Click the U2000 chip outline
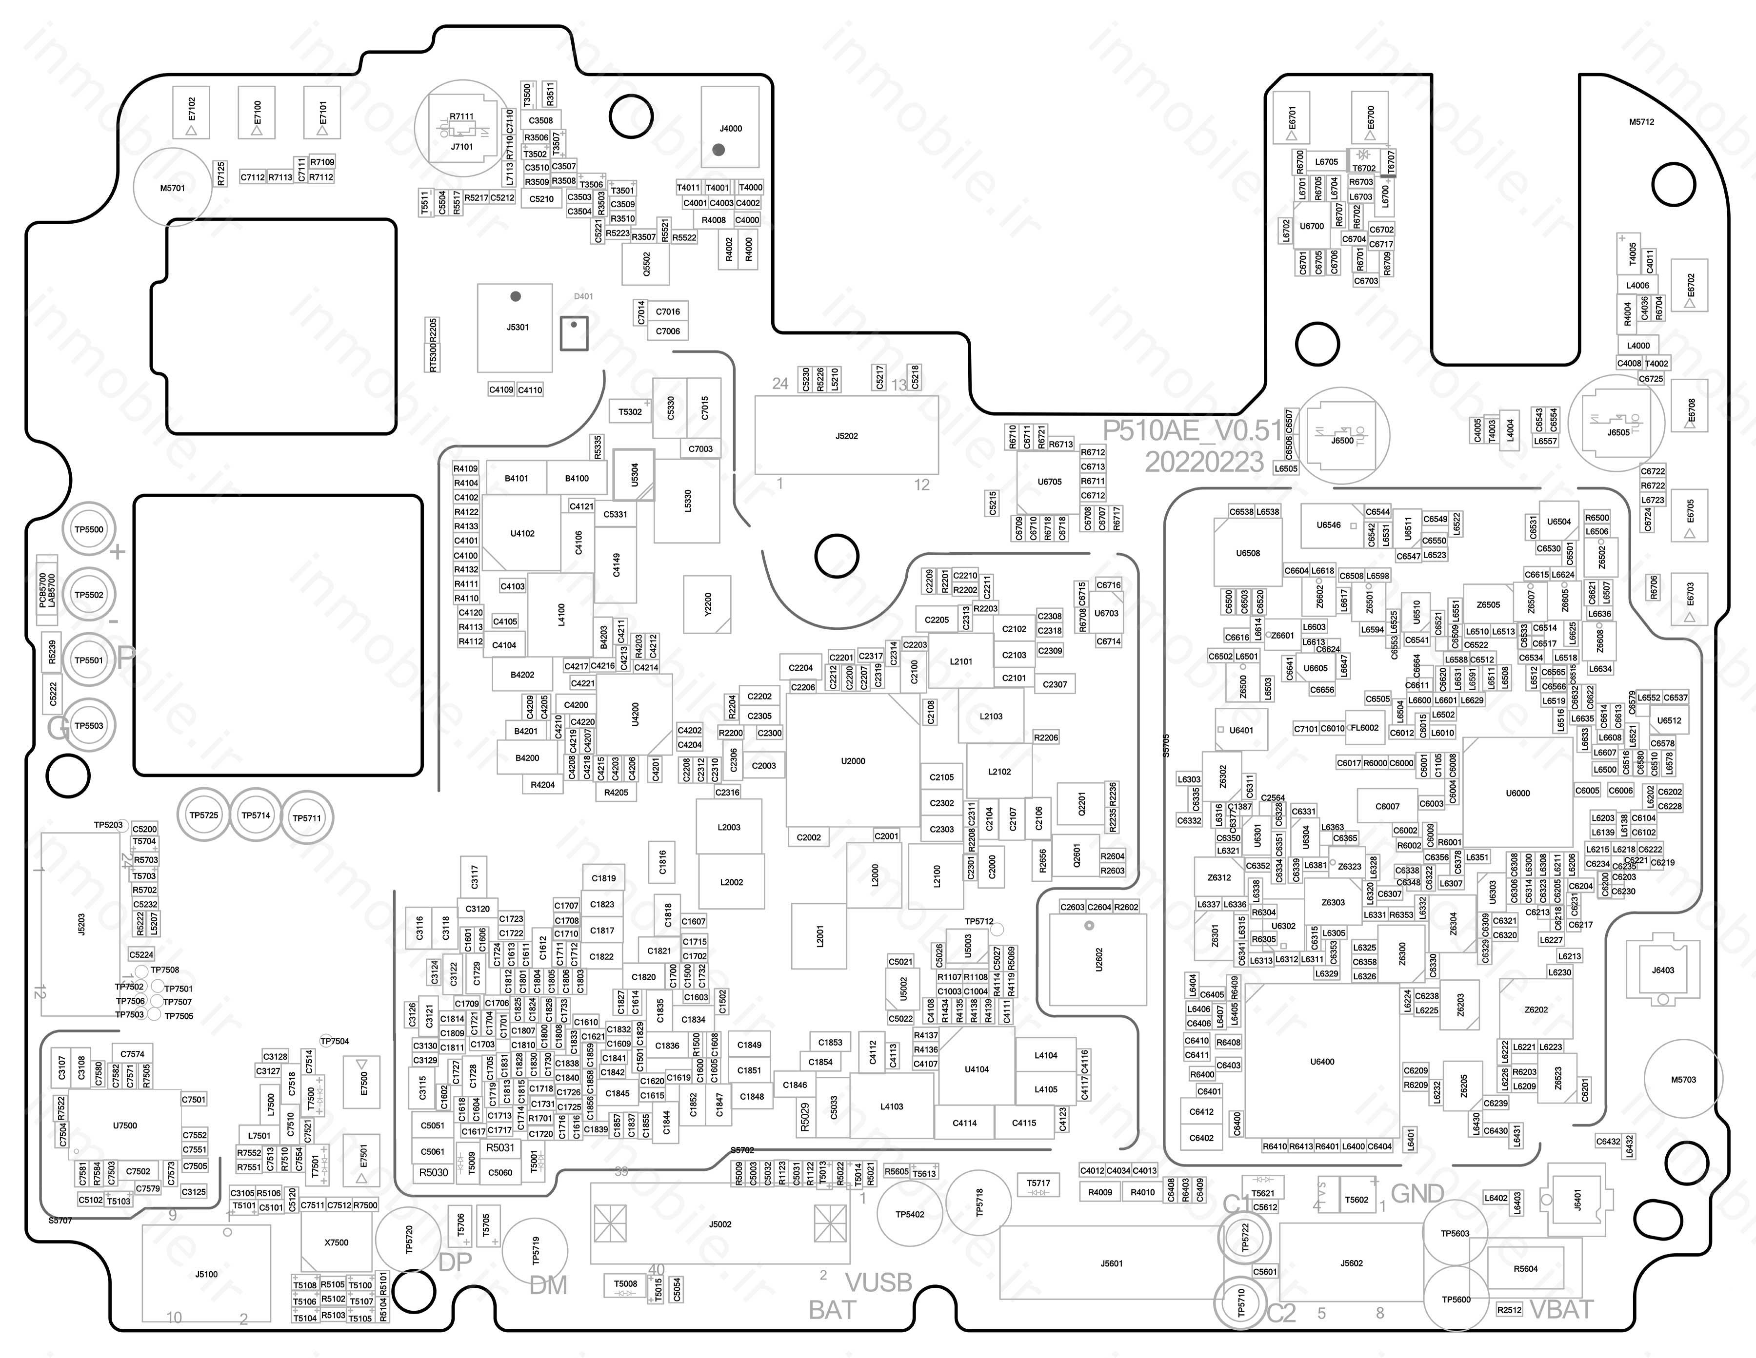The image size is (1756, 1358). (x=852, y=760)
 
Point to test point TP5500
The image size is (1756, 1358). (x=89, y=529)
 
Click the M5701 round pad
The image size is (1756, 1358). (x=172, y=188)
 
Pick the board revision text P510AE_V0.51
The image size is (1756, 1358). (x=1192, y=431)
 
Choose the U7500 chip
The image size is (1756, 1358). (x=124, y=1126)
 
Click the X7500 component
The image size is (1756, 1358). (x=336, y=1242)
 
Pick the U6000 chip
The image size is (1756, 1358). (x=1517, y=793)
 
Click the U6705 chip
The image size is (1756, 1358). (x=1049, y=482)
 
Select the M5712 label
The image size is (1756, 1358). (x=1641, y=122)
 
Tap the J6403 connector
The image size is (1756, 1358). (x=1663, y=970)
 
